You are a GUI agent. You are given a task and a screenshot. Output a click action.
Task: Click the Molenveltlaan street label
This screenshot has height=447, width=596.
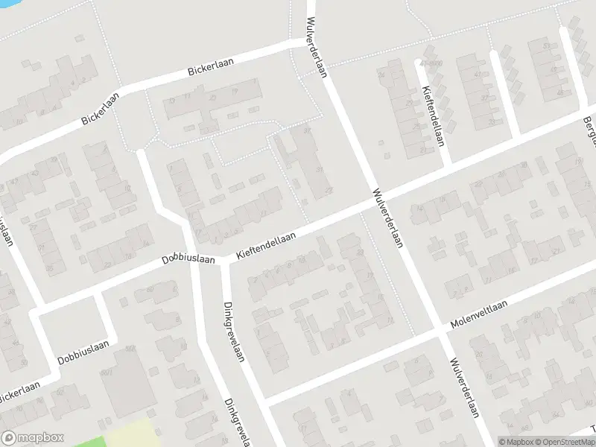click(x=478, y=316)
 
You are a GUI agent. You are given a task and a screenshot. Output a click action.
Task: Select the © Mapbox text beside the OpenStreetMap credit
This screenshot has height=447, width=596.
click(x=517, y=442)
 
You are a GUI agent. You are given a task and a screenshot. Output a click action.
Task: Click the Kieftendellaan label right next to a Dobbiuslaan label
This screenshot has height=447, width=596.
click(x=266, y=246)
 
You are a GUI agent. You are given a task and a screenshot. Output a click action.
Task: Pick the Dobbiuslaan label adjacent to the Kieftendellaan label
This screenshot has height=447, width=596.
click(x=189, y=260)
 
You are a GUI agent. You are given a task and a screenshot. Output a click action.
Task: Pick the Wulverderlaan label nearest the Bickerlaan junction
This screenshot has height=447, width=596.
click(x=317, y=47)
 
